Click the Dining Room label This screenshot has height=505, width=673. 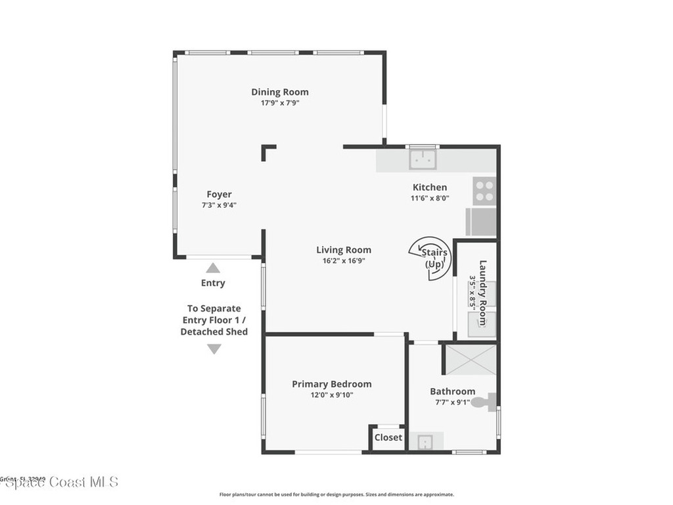[279, 92]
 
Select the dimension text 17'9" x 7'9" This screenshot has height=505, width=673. [279, 103]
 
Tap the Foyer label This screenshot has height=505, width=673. [219, 194]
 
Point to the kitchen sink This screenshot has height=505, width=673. [421, 160]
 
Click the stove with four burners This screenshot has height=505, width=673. [484, 191]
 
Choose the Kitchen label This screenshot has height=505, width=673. [429, 187]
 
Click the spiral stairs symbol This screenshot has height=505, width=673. [430, 257]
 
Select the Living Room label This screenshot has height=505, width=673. [343, 250]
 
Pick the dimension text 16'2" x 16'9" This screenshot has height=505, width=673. [343, 260]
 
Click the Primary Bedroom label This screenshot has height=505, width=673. [331, 384]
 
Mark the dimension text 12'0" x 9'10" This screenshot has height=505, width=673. [331, 395]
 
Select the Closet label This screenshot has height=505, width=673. [388, 437]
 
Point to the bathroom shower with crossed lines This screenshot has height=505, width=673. [470, 359]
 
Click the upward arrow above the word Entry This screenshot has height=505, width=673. [213, 268]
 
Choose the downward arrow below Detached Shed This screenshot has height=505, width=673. [214, 349]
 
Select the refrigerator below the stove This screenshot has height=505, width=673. [481, 222]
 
